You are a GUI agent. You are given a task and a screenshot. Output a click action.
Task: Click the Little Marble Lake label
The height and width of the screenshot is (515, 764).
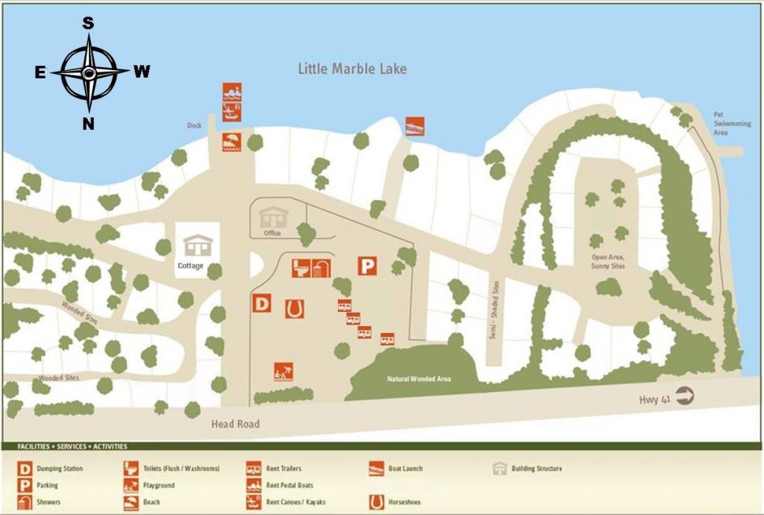(352, 69)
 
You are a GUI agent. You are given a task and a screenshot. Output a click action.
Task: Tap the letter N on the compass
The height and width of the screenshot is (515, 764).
(88, 124)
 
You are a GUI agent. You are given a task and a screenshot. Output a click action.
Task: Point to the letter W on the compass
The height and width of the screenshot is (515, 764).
(142, 72)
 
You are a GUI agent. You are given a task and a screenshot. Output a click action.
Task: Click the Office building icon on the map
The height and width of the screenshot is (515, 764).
(272, 216)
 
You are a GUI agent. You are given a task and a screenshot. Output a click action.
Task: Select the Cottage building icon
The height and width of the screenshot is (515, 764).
(198, 246)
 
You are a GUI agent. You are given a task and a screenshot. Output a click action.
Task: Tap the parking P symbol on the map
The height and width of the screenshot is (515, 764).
(366, 266)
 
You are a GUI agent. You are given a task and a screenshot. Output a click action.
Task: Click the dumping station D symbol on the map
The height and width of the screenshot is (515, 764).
(262, 304)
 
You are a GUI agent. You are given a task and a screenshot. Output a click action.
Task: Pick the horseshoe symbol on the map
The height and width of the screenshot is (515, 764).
(294, 308)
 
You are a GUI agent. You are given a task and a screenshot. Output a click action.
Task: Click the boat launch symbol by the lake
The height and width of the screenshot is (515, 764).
(415, 126)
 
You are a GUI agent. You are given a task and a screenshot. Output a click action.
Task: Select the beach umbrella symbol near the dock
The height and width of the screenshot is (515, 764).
(231, 142)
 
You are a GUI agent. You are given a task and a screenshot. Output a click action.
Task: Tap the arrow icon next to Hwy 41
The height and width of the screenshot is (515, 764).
(684, 398)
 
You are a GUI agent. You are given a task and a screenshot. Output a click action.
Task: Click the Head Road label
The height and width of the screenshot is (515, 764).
(236, 424)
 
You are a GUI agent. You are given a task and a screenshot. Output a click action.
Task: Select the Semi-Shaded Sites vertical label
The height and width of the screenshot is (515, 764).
(494, 308)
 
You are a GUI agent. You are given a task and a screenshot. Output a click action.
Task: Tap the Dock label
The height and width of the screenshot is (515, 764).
(195, 125)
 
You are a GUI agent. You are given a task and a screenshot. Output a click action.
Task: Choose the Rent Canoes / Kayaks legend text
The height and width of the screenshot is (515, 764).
(295, 502)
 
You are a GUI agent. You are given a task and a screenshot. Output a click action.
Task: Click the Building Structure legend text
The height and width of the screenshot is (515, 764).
(536, 469)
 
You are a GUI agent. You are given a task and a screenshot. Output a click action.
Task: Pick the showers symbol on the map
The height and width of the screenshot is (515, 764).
(321, 267)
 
